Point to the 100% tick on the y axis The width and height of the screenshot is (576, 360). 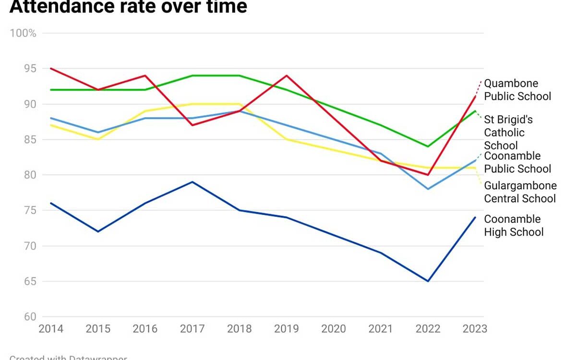click(23, 33)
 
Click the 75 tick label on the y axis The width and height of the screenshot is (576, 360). click(30, 210)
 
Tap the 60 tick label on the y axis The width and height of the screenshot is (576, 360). click(30, 317)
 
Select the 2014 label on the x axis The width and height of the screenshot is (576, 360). click(51, 329)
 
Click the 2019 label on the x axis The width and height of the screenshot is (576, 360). click(287, 329)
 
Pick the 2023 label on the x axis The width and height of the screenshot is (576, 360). click(475, 329)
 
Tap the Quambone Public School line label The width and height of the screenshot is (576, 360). click(517, 90)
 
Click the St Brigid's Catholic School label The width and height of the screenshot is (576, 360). click(508, 132)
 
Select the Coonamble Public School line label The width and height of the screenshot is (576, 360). click(517, 162)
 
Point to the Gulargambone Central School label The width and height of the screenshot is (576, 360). click(520, 192)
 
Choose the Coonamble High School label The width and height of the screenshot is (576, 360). click(513, 226)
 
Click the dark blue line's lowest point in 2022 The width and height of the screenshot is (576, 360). click(428, 281)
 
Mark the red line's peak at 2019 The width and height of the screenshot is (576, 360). click(287, 76)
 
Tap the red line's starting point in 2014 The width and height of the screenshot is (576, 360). click(51, 69)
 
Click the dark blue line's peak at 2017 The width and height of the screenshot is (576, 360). click(192, 182)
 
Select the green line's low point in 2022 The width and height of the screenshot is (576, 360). click(428, 146)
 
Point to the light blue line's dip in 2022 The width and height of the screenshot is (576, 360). click(428, 189)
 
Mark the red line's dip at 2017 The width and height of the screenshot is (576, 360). click(192, 125)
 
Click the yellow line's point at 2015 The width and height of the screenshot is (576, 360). click(98, 139)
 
